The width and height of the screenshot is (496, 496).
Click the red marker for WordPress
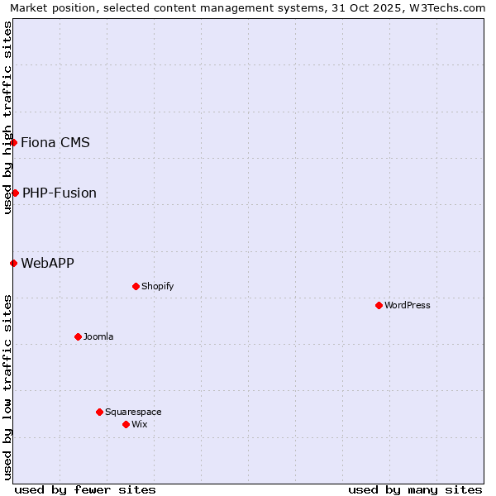coord(379,305)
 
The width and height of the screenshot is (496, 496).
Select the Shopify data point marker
coord(136,286)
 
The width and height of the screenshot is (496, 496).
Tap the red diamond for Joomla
coord(78,336)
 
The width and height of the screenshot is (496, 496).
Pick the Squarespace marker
coord(99,412)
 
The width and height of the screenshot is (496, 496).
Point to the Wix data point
coord(126,424)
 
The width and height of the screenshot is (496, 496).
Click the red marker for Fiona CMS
coord(13,142)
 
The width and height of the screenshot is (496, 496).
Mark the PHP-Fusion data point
coord(15,193)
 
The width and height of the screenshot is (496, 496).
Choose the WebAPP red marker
coord(13,263)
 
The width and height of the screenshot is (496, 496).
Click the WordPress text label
coord(408,305)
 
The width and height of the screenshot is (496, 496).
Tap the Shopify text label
coord(157,286)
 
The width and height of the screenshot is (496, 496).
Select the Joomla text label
coord(98,336)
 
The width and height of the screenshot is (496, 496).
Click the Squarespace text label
coord(133,412)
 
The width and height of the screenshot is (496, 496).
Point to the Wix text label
coord(140,424)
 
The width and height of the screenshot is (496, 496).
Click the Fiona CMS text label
coord(55,142)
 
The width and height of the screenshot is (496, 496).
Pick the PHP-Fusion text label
coord(60,193)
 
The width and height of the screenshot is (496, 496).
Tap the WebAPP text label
coord(47,263)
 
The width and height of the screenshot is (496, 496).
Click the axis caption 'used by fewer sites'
coord(85,489)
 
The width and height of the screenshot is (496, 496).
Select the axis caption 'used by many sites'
coord(415,489)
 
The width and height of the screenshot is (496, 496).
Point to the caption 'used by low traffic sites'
coord(7,386)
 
